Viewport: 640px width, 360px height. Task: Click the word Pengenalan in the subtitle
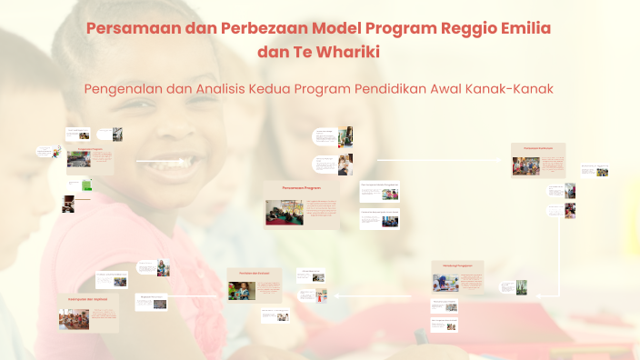point(125,89)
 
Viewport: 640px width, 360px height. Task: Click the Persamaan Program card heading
point(301,187)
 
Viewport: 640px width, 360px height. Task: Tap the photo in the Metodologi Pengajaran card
point(445,282)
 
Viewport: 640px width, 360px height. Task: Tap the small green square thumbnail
point(86,185)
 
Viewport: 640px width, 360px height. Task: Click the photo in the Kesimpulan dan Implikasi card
point(74,319)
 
